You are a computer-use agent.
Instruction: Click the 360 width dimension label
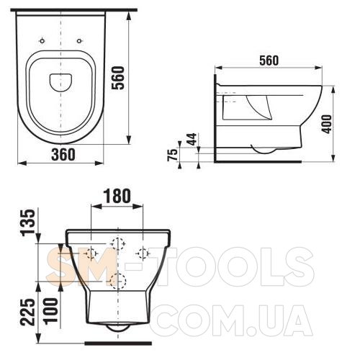coord(63,154)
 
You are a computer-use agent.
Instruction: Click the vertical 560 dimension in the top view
coord(119,78)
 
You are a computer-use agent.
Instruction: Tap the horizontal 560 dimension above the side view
coord(269,60)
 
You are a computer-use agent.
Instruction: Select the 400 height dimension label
coord(326,124)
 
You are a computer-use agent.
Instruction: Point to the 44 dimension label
coord(192,139)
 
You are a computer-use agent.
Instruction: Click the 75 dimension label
coord(173,155)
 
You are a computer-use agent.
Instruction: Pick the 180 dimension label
coord(117,196)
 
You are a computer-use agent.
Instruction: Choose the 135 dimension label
coord(28,222)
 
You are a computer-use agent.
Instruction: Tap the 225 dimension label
coord(28,312)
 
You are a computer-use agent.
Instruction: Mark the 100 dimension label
coord(50,310)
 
